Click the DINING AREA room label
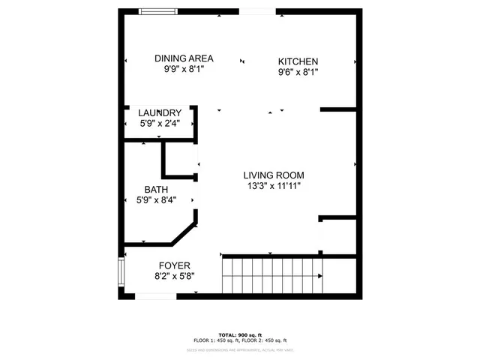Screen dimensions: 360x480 pos(184,58)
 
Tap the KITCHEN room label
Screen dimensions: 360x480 pos(298,61)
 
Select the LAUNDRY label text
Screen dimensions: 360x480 pos(159,113)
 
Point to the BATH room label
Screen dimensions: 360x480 pos(156,190)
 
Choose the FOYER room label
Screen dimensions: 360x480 pos(174,265)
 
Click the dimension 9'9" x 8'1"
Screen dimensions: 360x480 pos(184,69)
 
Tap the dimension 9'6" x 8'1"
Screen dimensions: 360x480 pos(298,73)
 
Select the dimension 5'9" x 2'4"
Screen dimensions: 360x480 pos(159,124)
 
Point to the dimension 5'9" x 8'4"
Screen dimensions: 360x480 pos(156,200)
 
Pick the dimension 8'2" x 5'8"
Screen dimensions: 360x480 pos(174,276)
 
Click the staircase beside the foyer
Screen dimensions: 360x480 pos(270,276)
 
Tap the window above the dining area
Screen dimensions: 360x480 pos(159,10)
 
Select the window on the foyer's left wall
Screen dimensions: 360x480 pos(121,274)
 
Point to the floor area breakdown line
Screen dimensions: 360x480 pos(239,340)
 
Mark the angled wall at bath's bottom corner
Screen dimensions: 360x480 pos(184,233)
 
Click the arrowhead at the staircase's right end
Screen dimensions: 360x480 pos(321,276)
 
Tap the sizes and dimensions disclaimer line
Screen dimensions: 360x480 pos(239,349)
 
